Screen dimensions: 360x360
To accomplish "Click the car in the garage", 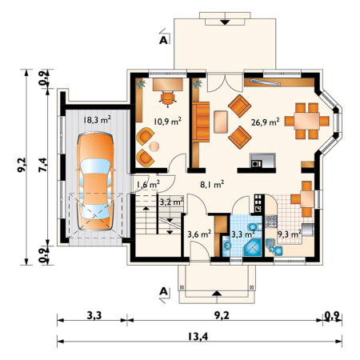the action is click(x=95, y=181).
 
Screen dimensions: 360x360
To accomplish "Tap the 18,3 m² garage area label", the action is click(x=97, y=120).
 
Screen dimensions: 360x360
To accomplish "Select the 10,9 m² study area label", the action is click(x=167, y=122).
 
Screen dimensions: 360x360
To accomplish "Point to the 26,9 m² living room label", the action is click(x=265, y=122).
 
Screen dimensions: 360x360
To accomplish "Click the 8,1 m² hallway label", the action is click(x=212, y=184).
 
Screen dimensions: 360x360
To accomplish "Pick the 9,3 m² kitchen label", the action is click(x=290, y=234).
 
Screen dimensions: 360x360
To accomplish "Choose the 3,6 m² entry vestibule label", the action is click(x=199, y=234).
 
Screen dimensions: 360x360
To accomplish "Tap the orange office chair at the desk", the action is click(x=168, y=98).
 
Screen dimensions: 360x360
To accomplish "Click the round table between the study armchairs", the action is click(x=154, y=146).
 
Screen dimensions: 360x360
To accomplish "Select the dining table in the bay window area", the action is click(x=307, y=121).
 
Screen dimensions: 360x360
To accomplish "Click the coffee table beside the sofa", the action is click(x=221, y=122).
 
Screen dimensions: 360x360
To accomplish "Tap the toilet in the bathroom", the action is click(x=254, y=227).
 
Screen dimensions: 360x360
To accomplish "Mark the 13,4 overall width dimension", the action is click(x=198, y=336).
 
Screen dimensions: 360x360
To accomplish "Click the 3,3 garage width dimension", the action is click(x=94, y=315).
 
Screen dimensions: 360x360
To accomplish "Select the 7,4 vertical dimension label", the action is click(x=43, y=165).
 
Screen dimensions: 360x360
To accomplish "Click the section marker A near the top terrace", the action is click(x=163, y=40).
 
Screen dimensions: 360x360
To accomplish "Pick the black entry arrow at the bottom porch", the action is click(x=217, y=293).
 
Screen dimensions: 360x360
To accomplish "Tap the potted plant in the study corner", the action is click(x=141, y=83).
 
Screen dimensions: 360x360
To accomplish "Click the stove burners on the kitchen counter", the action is click(x=271, y=221).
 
